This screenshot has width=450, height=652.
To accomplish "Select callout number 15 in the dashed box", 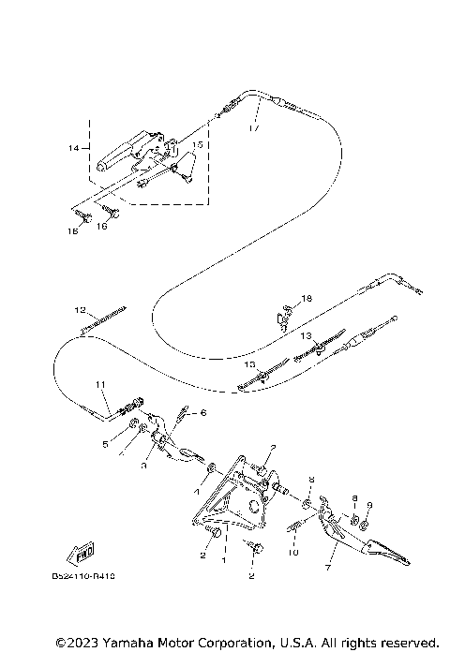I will (x=197, y=145).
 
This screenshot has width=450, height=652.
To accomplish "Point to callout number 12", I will (x=80, y=309).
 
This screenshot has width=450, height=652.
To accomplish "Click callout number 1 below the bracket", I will (x=223, y=559).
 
